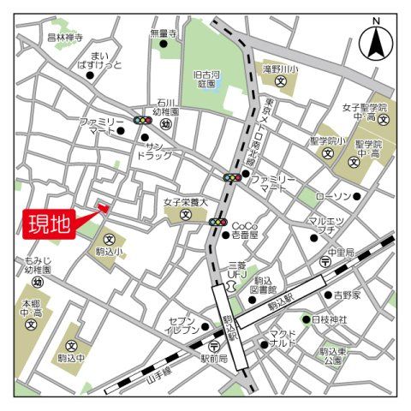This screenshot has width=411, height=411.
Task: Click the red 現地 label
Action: click(50, 226)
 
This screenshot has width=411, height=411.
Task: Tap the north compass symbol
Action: click(375, 39)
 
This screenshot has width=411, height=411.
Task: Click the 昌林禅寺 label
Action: click(65, 38)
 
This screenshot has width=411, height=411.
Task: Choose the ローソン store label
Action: click(333, 197)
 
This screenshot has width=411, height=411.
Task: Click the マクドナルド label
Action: click(283, 338)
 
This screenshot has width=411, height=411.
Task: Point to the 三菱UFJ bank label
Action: click(236, 271)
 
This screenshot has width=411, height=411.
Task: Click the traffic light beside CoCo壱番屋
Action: click(217, 223)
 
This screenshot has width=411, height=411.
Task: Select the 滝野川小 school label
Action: click(280, 68)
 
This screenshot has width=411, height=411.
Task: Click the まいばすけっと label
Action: click(100, 59)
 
